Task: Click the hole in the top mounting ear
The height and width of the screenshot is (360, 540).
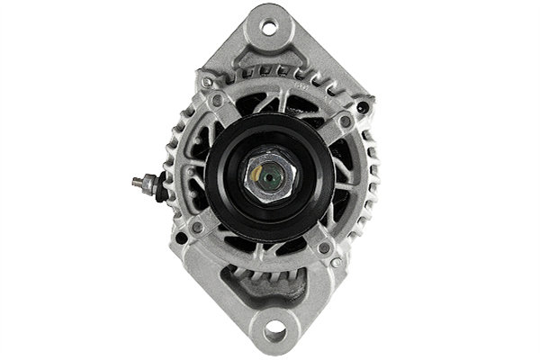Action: coord(269,26)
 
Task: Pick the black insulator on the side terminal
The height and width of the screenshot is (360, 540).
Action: coord(161,188)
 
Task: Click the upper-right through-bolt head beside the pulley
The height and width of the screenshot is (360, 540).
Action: coord(345,120)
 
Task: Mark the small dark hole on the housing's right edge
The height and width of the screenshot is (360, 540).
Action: coord(363,107)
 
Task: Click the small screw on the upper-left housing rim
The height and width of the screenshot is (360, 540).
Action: coord(207,82)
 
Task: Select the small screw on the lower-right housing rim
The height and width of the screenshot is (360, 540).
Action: coord(336,263)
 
